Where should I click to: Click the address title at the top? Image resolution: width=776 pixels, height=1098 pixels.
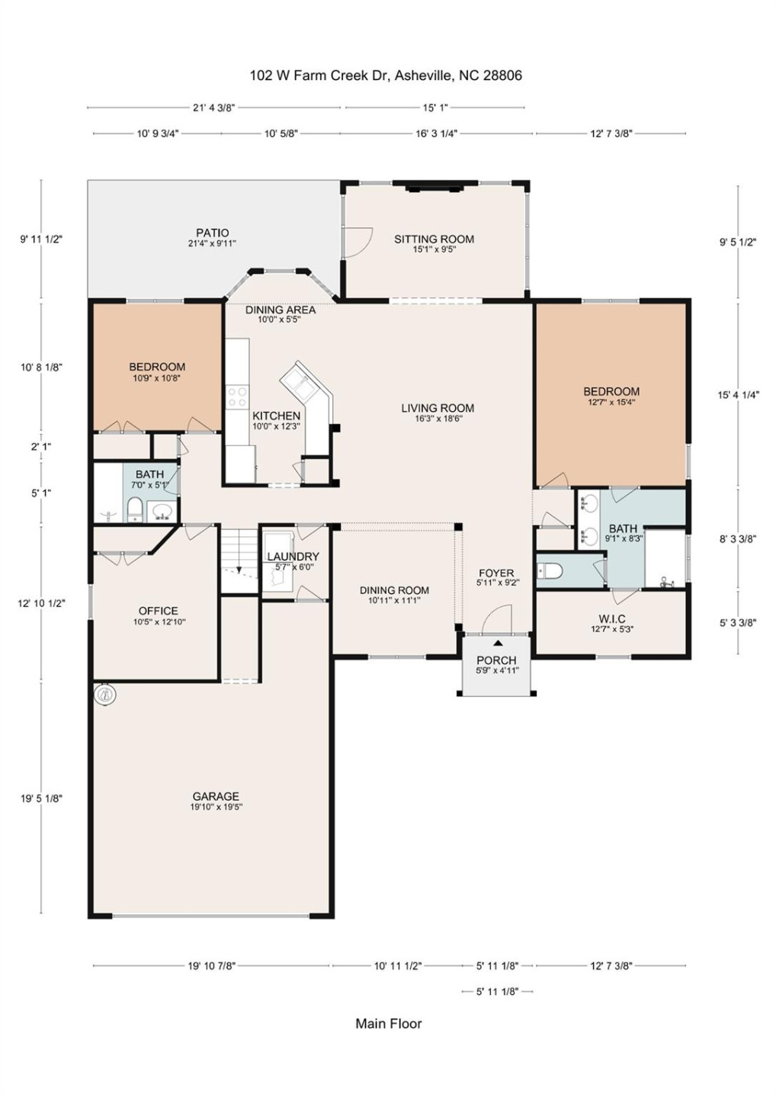[386, 75]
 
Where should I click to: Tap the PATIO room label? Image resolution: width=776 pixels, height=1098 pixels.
[212, 233]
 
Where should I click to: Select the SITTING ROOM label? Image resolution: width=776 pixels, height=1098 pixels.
[434, 239]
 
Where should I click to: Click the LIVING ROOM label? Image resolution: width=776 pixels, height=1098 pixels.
[438, 409]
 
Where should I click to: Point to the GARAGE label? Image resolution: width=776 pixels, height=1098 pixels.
[216, 796]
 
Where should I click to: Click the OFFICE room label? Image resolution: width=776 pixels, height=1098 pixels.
[158, 612]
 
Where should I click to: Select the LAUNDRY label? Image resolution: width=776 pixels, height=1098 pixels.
[293, 557]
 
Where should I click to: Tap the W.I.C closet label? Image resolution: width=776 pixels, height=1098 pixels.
[612, 619]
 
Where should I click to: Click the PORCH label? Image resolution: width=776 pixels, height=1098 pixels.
[496, 660]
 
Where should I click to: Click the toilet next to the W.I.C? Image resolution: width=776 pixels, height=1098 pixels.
[550, 571]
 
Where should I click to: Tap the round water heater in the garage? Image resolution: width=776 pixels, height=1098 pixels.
[106, 694]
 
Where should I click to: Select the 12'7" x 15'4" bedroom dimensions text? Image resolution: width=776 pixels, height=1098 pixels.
[611, 402]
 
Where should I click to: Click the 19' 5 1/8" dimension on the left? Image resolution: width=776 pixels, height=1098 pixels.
[41, 798]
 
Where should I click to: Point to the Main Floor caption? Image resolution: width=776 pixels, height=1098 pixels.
[388, 1023]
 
